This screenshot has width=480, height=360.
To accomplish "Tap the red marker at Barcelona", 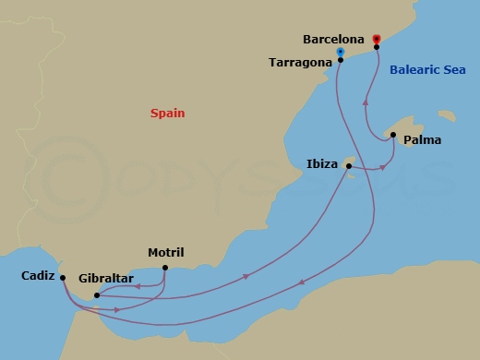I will tap(377, 39).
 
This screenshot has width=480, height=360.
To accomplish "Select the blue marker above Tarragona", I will tap(342, 51).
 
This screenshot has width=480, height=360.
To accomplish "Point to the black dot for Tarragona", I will tap(342, 60).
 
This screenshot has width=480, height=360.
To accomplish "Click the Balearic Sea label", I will tap(426, 69).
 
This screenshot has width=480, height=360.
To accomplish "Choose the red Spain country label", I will tap(168, 114).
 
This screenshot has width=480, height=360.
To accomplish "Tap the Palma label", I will tap(424, 140).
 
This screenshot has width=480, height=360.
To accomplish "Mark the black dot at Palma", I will tap(393, 136).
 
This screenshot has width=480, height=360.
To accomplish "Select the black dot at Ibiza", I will tap(348, 165).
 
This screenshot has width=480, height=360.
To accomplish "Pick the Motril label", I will tap(166, 252).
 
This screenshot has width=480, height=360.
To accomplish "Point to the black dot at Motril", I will tap(164, 269).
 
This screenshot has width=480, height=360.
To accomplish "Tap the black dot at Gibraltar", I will tap(97, 295).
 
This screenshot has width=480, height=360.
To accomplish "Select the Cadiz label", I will tap(37, 275).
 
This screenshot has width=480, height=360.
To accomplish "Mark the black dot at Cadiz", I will tap(62, 277).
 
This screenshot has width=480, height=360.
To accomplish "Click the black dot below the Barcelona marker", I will tap(377, 47).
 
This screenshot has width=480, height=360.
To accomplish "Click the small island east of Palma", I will tap(447, 116).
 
